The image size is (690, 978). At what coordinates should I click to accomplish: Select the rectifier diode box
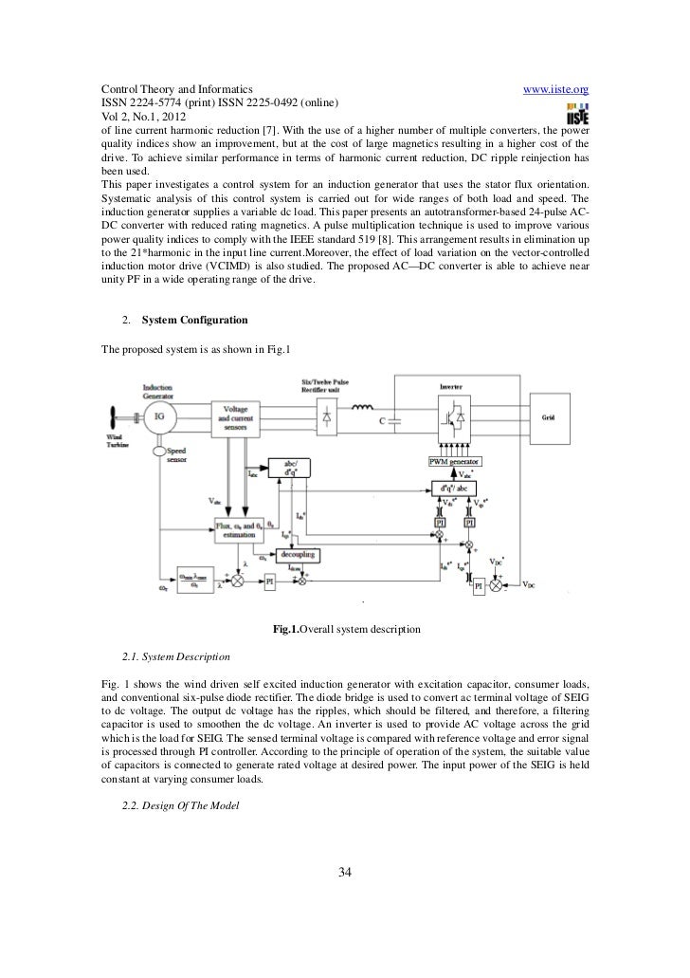pyautogui.click(x=327, y=415)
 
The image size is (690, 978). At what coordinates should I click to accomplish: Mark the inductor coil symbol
pyautogui.click(x=362, y=409)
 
